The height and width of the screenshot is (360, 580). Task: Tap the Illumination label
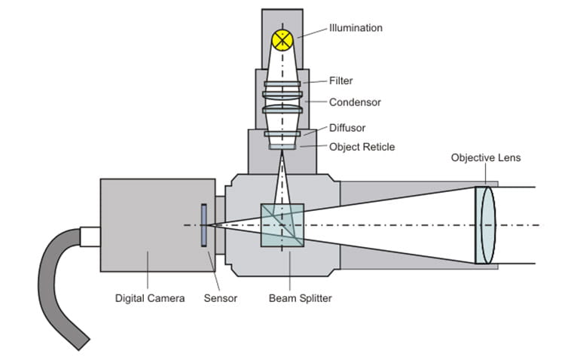pyautogui.click(x=356, y=28)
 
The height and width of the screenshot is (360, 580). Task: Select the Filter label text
pyautogui.click(x=340, y=81)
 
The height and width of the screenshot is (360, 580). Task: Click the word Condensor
pyautogui.click(x=354, y=102)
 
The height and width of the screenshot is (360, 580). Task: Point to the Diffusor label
pyautogui.click(x=347, y=128)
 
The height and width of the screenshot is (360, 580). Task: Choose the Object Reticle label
pyautogui.click(x=362, y=146)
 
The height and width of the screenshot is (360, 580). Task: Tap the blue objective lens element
pyautogui.click(x=486, y=224)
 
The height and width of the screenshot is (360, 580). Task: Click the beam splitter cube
pyautogui.click(x=282, y=225)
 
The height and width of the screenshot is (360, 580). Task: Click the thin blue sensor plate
pyautogui.click(x=203, y=224)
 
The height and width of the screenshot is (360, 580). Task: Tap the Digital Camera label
pyautogui.click(x=149, y=298)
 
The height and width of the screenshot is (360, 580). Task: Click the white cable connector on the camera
pyautogui.click(x=91, y=236)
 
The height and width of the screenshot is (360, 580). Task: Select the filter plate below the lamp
pyautogui.click(x=282, y=83)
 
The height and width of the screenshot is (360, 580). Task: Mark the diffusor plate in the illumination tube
pyautogui.click(x=282, y=133)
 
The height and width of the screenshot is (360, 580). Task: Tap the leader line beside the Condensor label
pyautogui.click(x=315, y=101)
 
